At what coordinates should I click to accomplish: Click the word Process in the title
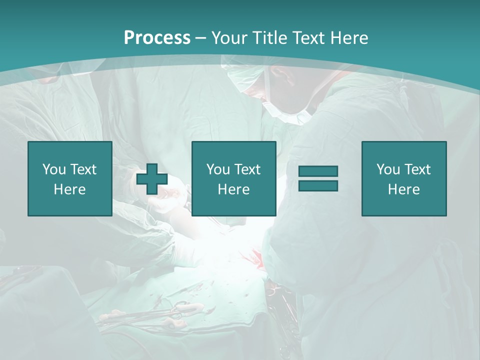click(x=157, y=38)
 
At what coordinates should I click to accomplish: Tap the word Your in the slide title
click(x=229, y=38)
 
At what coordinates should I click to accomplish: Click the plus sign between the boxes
click(x=152, y=179)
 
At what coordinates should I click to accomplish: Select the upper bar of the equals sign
click(x=318, y=171)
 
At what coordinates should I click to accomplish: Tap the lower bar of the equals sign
click(x=318, y=185)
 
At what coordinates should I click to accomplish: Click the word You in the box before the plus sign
click(x=54, y=169)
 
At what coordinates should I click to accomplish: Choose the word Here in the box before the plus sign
click(x=69, y=189)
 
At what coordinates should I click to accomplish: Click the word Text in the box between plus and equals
click(x=247, y=169)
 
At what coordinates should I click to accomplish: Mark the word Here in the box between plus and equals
click(x=233, y=189)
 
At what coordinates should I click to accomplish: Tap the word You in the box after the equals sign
click(x=388, y=169)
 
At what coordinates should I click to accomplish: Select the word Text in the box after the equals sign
click(x=417, y=169)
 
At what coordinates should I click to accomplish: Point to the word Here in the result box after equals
click(x=403, y=189)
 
